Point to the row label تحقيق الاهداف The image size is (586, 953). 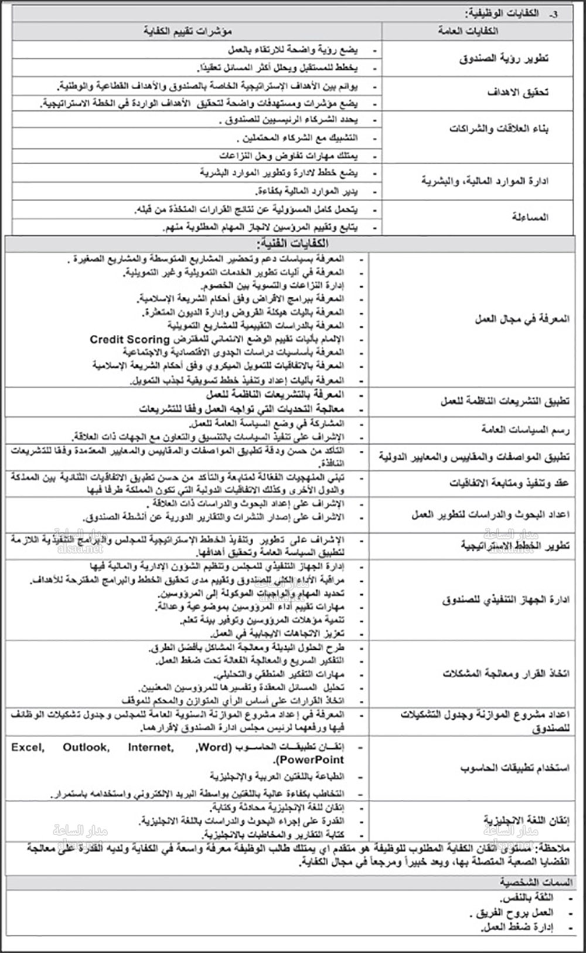519,92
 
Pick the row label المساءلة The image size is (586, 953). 530,217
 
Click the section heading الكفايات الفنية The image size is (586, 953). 292,243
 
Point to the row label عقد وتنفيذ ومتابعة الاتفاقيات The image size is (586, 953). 509,483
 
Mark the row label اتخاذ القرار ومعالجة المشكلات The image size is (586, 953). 506,673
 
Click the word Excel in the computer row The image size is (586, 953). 28,747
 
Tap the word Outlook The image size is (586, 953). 86,747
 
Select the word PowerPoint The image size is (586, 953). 312,760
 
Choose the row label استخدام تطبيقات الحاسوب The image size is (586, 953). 515,768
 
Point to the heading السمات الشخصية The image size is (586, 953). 536,882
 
